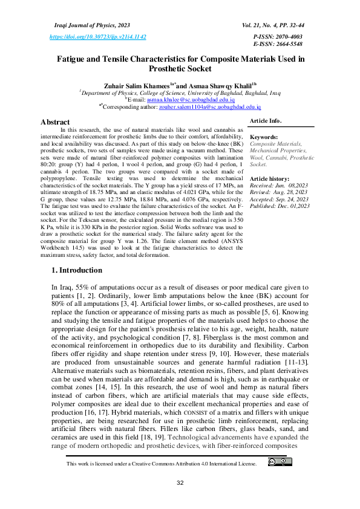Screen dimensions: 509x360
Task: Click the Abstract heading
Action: pos(55,122)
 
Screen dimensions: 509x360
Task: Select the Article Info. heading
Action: pos(266,122)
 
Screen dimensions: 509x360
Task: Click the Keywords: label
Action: pos(264,138)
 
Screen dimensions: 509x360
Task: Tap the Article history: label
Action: pos(270,180)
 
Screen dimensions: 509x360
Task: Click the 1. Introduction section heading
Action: pos(77,270)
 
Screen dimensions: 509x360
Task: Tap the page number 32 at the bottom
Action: pos(180,483)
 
